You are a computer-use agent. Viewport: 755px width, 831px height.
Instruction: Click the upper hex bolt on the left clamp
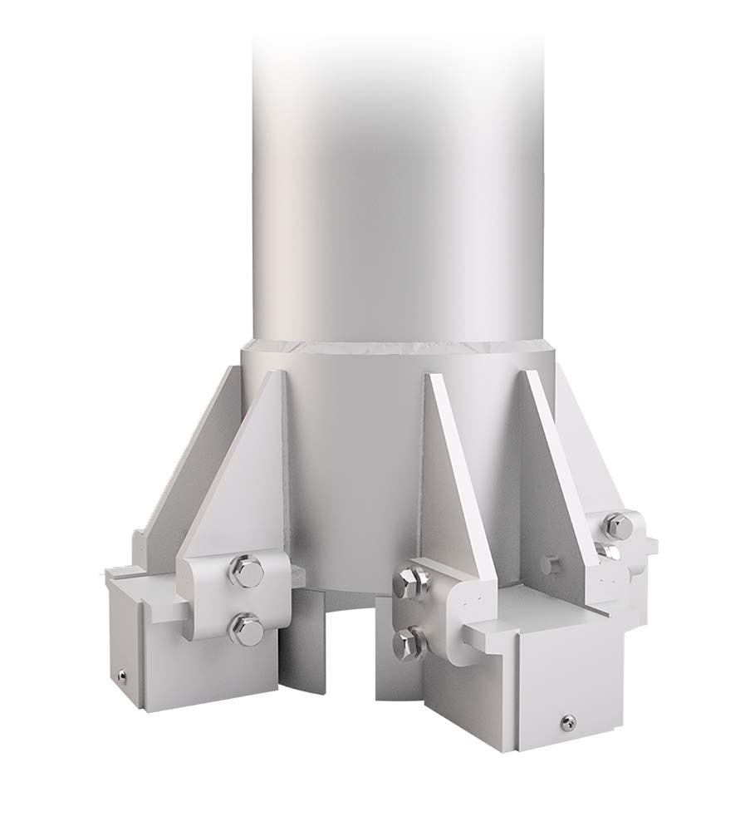pos(247,572)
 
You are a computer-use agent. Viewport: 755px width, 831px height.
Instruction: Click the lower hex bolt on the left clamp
pos(247,628)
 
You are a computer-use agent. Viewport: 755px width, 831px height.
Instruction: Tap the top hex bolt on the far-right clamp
pos(616,525)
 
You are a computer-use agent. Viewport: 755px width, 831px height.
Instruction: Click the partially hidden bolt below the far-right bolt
pos(611,552)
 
